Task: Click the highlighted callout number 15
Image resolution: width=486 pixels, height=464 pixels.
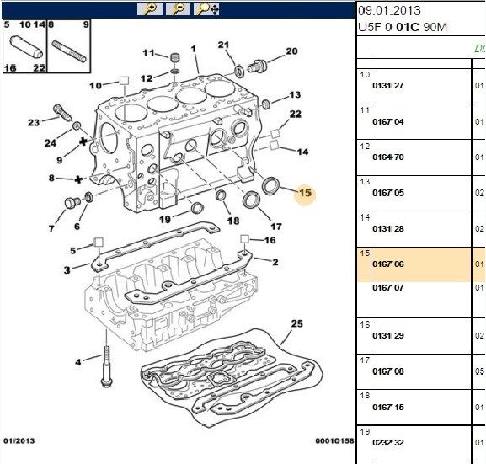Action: click(x=304, y=194)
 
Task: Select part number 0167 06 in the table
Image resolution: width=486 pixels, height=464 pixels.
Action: click(x=387, y=264)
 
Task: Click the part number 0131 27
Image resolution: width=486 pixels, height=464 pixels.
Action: click(x=387, y=85)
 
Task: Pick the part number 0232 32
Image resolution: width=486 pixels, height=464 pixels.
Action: click(x=387, y=442)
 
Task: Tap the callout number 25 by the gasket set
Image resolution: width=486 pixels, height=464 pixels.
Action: click(x=296, y=324)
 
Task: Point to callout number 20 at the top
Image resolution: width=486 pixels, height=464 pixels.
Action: click(x=291, y=51)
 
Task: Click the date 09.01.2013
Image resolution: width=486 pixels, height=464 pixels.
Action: click(x=388, y=11)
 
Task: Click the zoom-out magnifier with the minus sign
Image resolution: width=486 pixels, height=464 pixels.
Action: click(x=178, y=9)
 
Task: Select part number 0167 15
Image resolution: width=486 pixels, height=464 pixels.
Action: click(x=387, y=408)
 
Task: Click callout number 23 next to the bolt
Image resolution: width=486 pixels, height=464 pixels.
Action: click(x=33, y=123)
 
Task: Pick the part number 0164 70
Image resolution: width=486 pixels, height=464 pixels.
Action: click(x=387, y=157)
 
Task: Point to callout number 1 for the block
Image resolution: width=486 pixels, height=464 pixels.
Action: click(x=194, y=49)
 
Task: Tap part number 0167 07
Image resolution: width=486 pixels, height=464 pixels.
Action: click(x=387, y=288)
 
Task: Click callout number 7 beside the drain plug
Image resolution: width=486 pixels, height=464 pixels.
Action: click(x=51, y=228)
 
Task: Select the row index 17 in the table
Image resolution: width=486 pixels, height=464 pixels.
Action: click(x=365, y=360)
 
